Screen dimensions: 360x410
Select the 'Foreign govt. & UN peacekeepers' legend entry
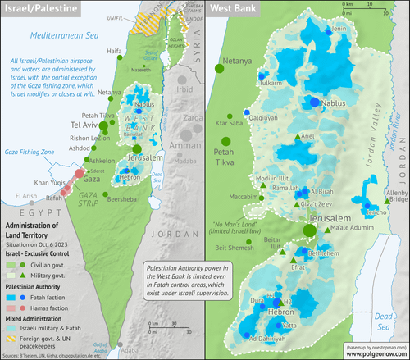tap(56, 338)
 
